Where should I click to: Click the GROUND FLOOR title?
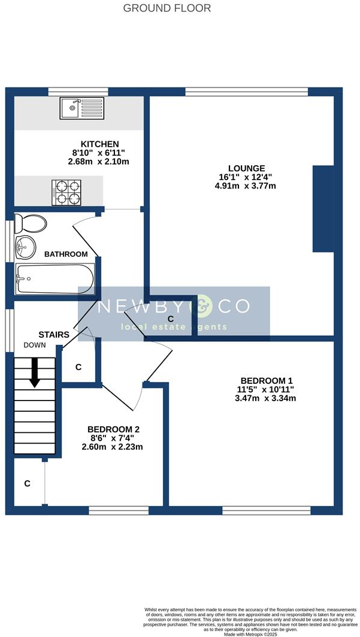[167, 8]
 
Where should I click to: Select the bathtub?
[55, 279]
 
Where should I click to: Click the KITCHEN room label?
[100, 144]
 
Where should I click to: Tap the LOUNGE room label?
[246, 168]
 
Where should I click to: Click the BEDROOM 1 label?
[267, 381]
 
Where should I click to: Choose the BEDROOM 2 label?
[113, 429]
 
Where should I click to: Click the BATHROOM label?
[66, 254]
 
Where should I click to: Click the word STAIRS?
[54, 335]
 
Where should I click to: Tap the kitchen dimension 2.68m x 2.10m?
[100, 162]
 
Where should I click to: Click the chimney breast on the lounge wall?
[323, 209]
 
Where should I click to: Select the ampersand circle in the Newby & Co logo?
[201, 307]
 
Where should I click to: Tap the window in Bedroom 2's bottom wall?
[119, 510]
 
